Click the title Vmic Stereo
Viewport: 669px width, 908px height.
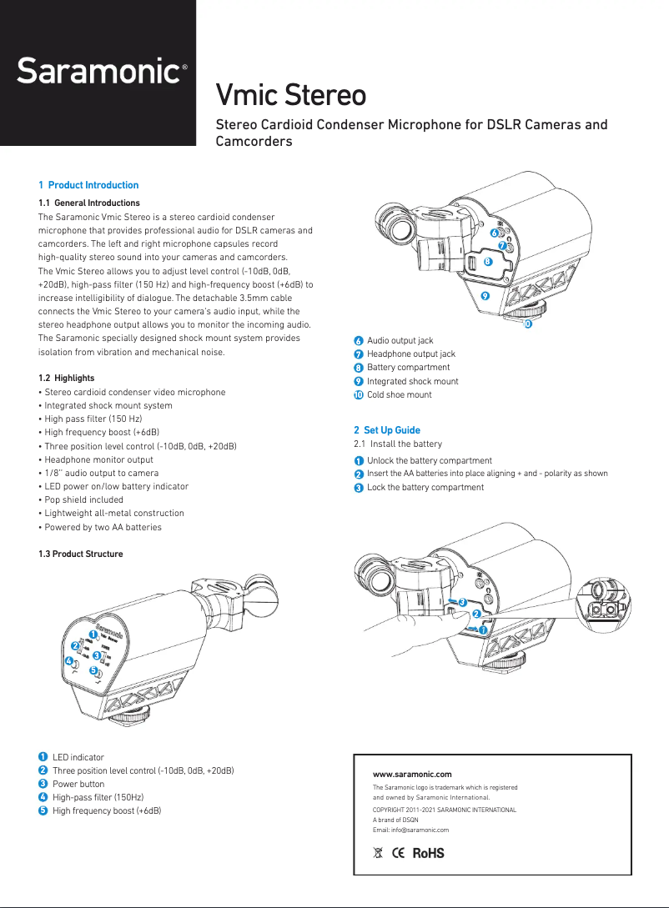tap(290, 95)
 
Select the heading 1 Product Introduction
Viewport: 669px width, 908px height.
tap(88, 185)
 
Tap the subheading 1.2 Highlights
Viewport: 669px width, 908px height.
tap(67, 378)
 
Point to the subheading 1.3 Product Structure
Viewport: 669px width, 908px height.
tap(81, 554)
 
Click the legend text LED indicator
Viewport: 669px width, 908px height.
tap(78, 757)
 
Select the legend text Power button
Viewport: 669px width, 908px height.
tap(78, 784)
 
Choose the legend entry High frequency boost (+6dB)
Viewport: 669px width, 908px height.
tap(106, 810)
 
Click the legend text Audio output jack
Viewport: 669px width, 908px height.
tap(400, 340)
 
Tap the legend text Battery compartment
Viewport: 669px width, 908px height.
tap(408, 367)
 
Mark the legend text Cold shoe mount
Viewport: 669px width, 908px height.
tap(399, 394)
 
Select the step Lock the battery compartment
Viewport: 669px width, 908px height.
tap(425, 487)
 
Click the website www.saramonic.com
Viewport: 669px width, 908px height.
tap(412, 775)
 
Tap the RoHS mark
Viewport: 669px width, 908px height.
tap(428, 853)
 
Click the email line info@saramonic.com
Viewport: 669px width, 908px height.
tap(410, 830)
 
